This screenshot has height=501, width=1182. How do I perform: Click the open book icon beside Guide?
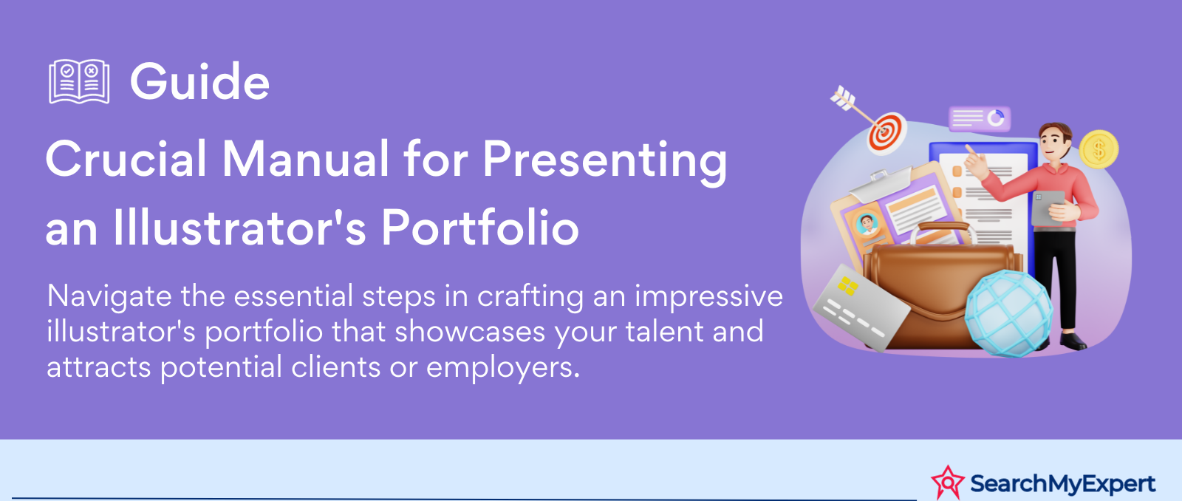pos(79,81)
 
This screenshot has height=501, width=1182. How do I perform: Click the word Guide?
pos(199,81)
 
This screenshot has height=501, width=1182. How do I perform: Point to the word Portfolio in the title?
pos(479,227)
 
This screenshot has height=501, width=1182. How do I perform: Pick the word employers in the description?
pos(503,367)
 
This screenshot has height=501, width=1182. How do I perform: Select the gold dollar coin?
pos(1099,149)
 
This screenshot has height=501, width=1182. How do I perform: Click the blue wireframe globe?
pos(1008,313)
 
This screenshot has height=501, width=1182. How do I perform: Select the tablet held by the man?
pos(1048,208)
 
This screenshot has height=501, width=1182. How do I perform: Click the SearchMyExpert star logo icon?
pos(948,483)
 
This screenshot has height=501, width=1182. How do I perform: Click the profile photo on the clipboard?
pos(867,224)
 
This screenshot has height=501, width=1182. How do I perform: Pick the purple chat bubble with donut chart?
pos(980,119)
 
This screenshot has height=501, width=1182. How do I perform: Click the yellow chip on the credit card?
pos(848,286)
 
